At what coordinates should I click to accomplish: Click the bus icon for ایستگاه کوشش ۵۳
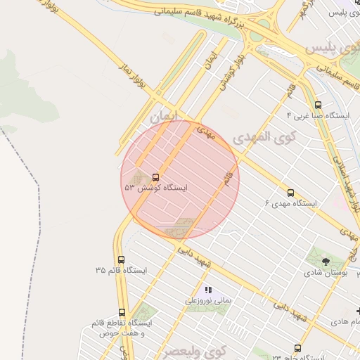click(x=155, y=177)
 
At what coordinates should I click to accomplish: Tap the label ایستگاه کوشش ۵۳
click(x=156, y=188)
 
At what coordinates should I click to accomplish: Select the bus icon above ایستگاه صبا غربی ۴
click(x=318, y=105)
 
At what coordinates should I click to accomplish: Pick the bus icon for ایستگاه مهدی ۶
click(x=290, y=193)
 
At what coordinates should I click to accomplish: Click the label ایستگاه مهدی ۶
click(x=290, y=203)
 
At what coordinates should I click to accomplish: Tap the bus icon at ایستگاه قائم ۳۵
click(x=121, y=259)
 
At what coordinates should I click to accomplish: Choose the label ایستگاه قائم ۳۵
click(x=121, y=270)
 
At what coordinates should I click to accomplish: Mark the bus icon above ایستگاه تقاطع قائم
click(x=122, y=312)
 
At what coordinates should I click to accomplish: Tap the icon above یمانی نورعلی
click(x=208, y=290)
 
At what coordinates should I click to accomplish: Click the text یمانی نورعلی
click(x=208, y=300)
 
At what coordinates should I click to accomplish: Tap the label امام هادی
click(x=343, y=321)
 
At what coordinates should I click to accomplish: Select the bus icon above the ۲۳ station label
click(x=297, y=348)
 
